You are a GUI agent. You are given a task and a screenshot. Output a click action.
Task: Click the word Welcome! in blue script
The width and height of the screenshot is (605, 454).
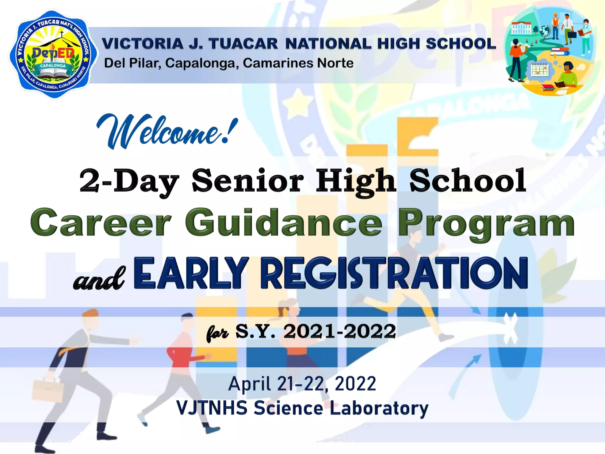167,132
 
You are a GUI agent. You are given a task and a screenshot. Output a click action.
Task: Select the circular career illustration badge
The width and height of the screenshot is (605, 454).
549,51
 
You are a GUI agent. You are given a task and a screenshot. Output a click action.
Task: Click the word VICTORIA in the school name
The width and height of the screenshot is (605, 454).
143,44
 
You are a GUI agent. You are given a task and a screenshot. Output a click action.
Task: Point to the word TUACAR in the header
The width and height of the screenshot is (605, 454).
243,44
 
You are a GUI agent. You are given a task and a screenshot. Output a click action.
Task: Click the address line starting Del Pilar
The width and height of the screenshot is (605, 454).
229,63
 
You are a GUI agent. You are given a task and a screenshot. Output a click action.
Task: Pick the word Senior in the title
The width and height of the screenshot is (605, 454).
248,180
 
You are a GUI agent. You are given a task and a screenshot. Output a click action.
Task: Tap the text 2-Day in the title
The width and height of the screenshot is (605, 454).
129,180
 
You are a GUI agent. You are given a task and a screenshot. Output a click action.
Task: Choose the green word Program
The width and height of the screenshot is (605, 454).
486,223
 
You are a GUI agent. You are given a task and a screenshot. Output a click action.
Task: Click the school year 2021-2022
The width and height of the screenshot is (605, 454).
339,331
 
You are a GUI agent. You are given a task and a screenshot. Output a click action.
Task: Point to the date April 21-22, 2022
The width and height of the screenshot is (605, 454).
302,384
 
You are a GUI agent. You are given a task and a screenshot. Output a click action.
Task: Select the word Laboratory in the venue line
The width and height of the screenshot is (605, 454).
379,408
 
